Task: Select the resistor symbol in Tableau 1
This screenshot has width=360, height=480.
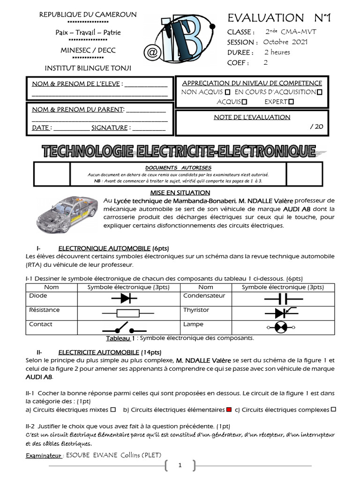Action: (127, 312)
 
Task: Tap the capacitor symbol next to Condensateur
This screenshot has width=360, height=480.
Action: (283, 298)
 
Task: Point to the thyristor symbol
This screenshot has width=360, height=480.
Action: (283, 312)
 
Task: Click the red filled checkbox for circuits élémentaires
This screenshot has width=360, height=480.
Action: (229, 410)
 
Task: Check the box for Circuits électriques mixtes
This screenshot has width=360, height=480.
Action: (113, 410)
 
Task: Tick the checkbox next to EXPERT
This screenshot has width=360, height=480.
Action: (291, 102)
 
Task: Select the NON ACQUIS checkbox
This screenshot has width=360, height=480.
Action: (228, 92)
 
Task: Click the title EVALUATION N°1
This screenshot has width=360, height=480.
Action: (279, 18)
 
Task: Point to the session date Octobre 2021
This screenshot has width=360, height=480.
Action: (285, 42)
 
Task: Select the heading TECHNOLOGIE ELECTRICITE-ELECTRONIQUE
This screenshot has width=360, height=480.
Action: (179, 151)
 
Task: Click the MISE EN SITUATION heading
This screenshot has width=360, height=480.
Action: (180, 193)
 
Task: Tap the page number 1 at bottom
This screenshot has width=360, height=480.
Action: (180, 465)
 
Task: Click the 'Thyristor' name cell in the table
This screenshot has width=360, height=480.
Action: (196, 310)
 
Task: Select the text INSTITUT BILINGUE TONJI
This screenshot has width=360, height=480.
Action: (88, 68)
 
